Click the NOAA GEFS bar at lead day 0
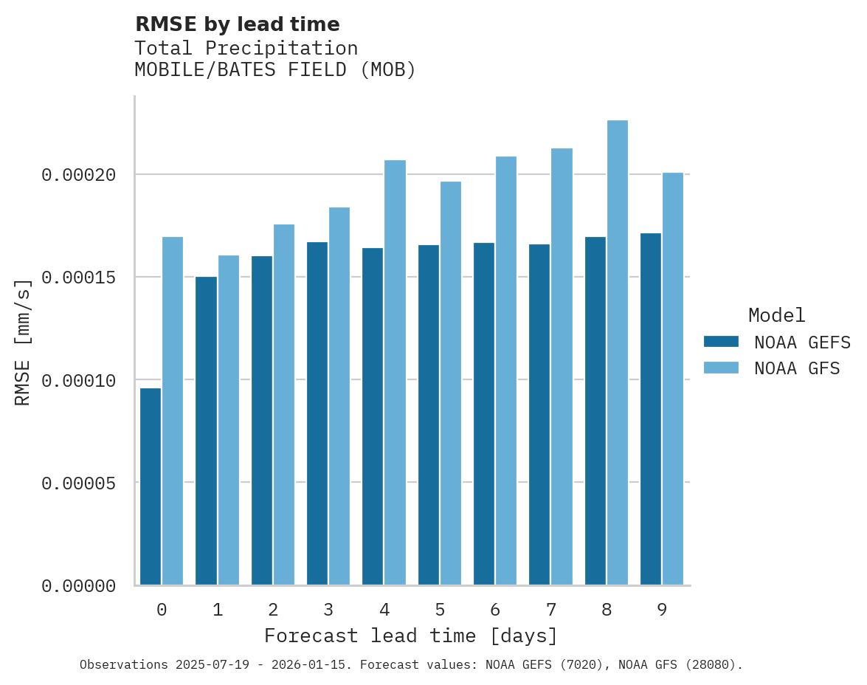(x=151, y=486)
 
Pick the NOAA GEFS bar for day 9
(x=651, y=409)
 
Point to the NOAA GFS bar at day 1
(x=228, y=420)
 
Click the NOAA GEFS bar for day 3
(x=317, y=413)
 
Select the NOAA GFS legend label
(x=797, y=368)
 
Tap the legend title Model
(x=776, y=315)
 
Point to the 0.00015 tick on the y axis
(x=79, y=278)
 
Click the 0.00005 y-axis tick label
(x=79, y=483)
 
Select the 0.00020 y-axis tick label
(x=79, y=175)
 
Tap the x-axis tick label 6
(x=495, y=610)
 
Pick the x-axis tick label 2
(x=273, y=610)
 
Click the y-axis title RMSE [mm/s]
(x=24, y=342)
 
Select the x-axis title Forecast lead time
(x=411, y=636)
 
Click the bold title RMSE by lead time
(x=237, y=24)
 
